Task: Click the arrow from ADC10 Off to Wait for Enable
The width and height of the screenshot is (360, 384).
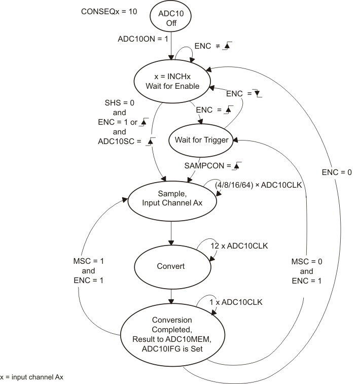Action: [x=173, y=51]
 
